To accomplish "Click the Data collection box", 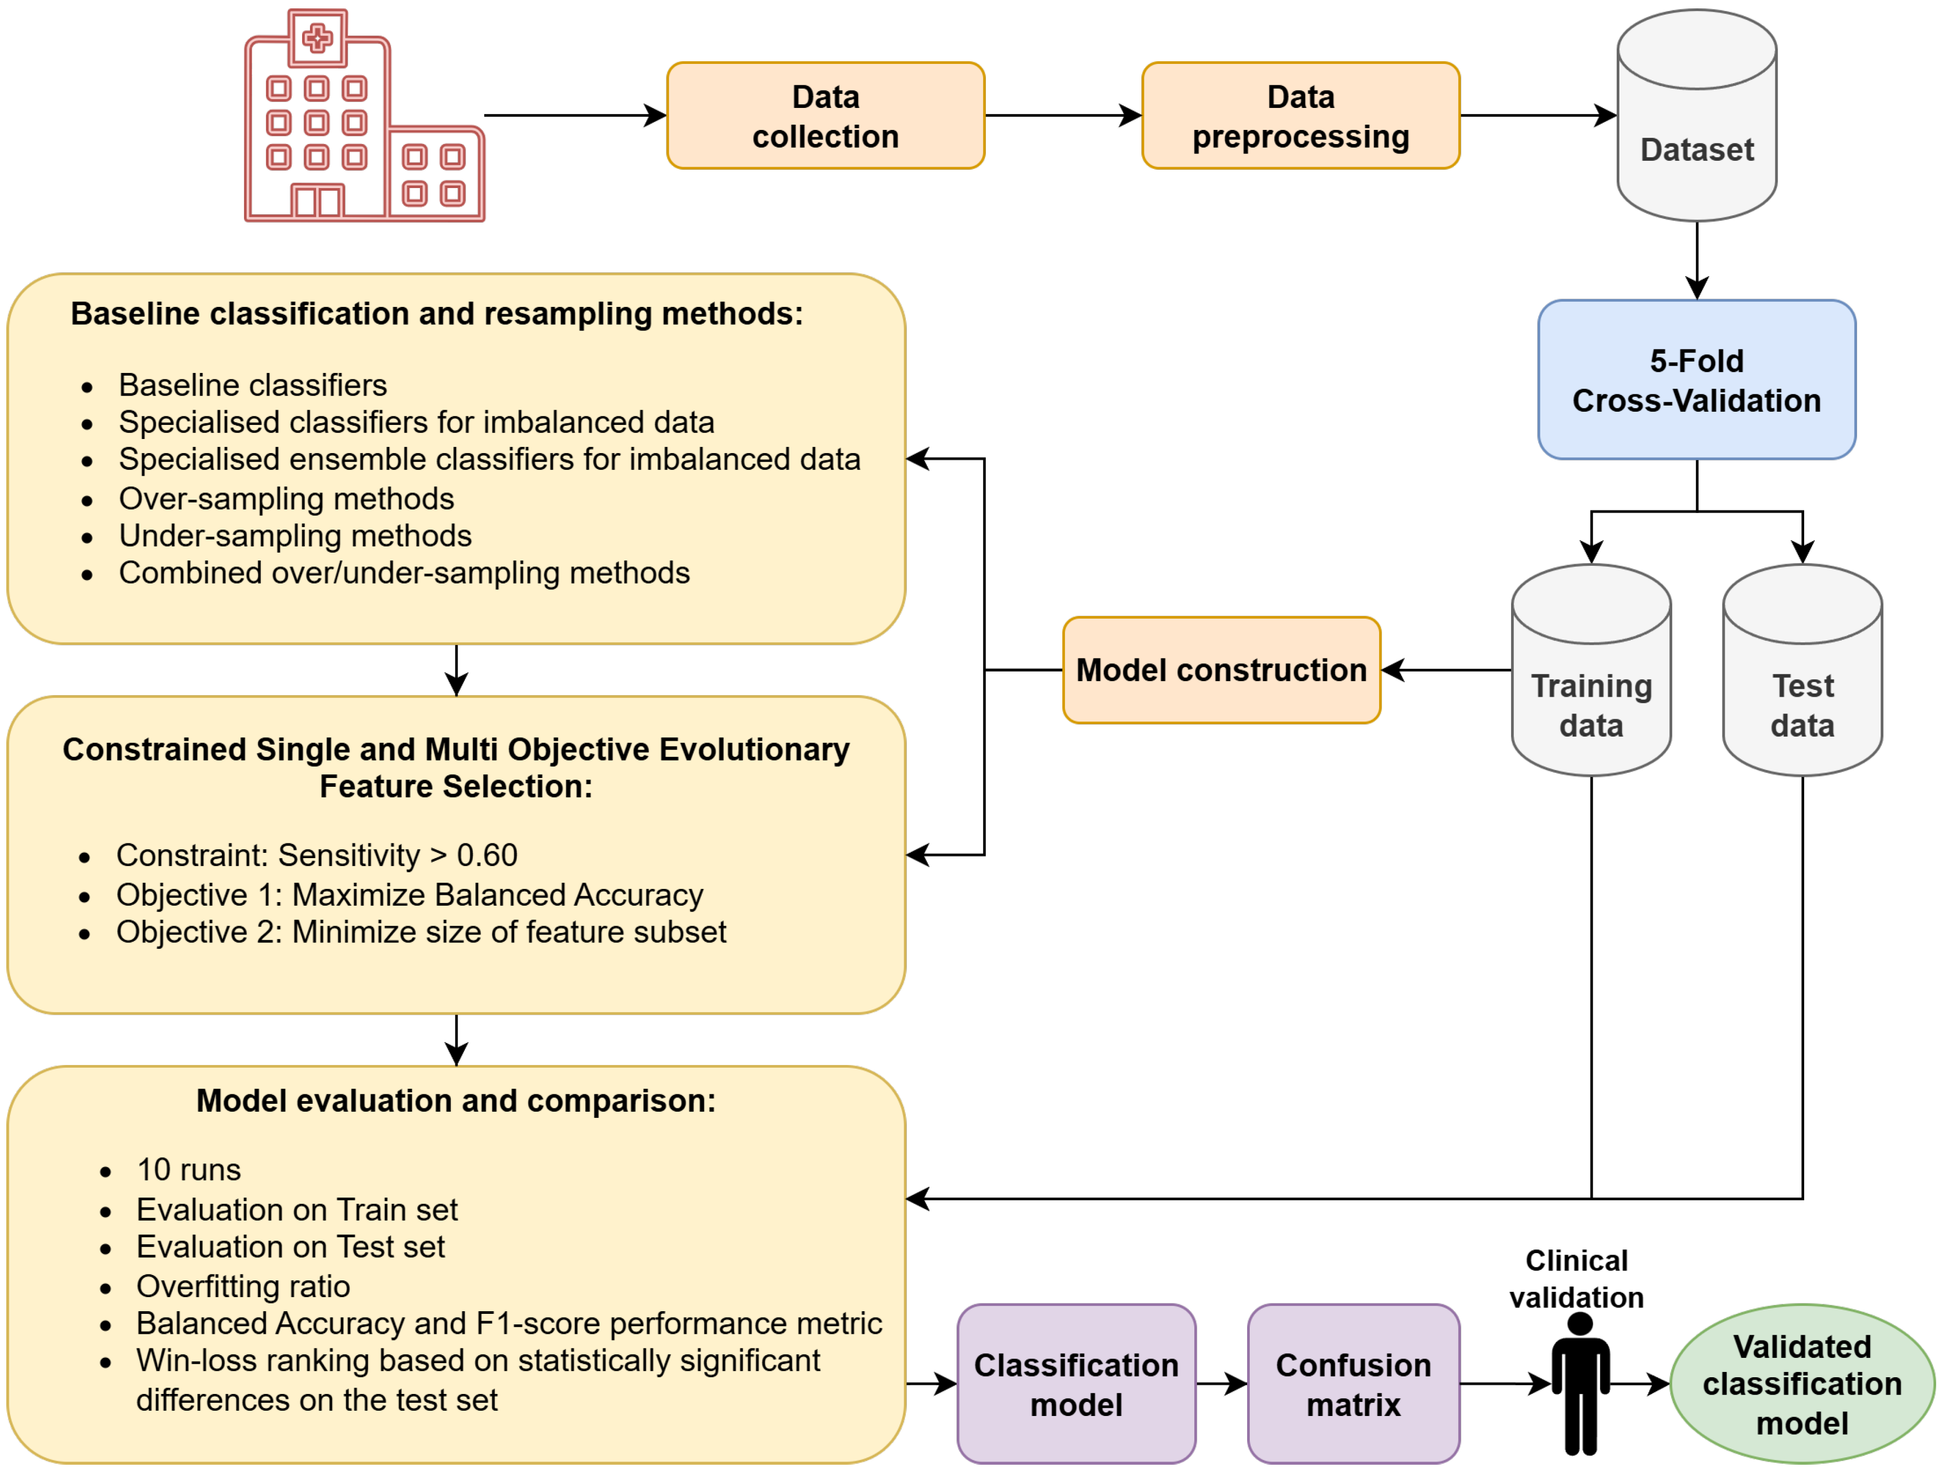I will coord(825,115).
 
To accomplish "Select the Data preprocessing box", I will coord(1301,115).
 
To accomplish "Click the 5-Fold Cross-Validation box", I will coord(1696,380).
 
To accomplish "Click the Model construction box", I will coord(1221,670).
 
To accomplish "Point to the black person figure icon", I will coord(1580,1385).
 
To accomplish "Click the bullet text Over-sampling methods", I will coord(286,499).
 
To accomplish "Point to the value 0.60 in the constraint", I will coord(487,854).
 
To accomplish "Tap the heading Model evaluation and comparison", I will coord(456,1100).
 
